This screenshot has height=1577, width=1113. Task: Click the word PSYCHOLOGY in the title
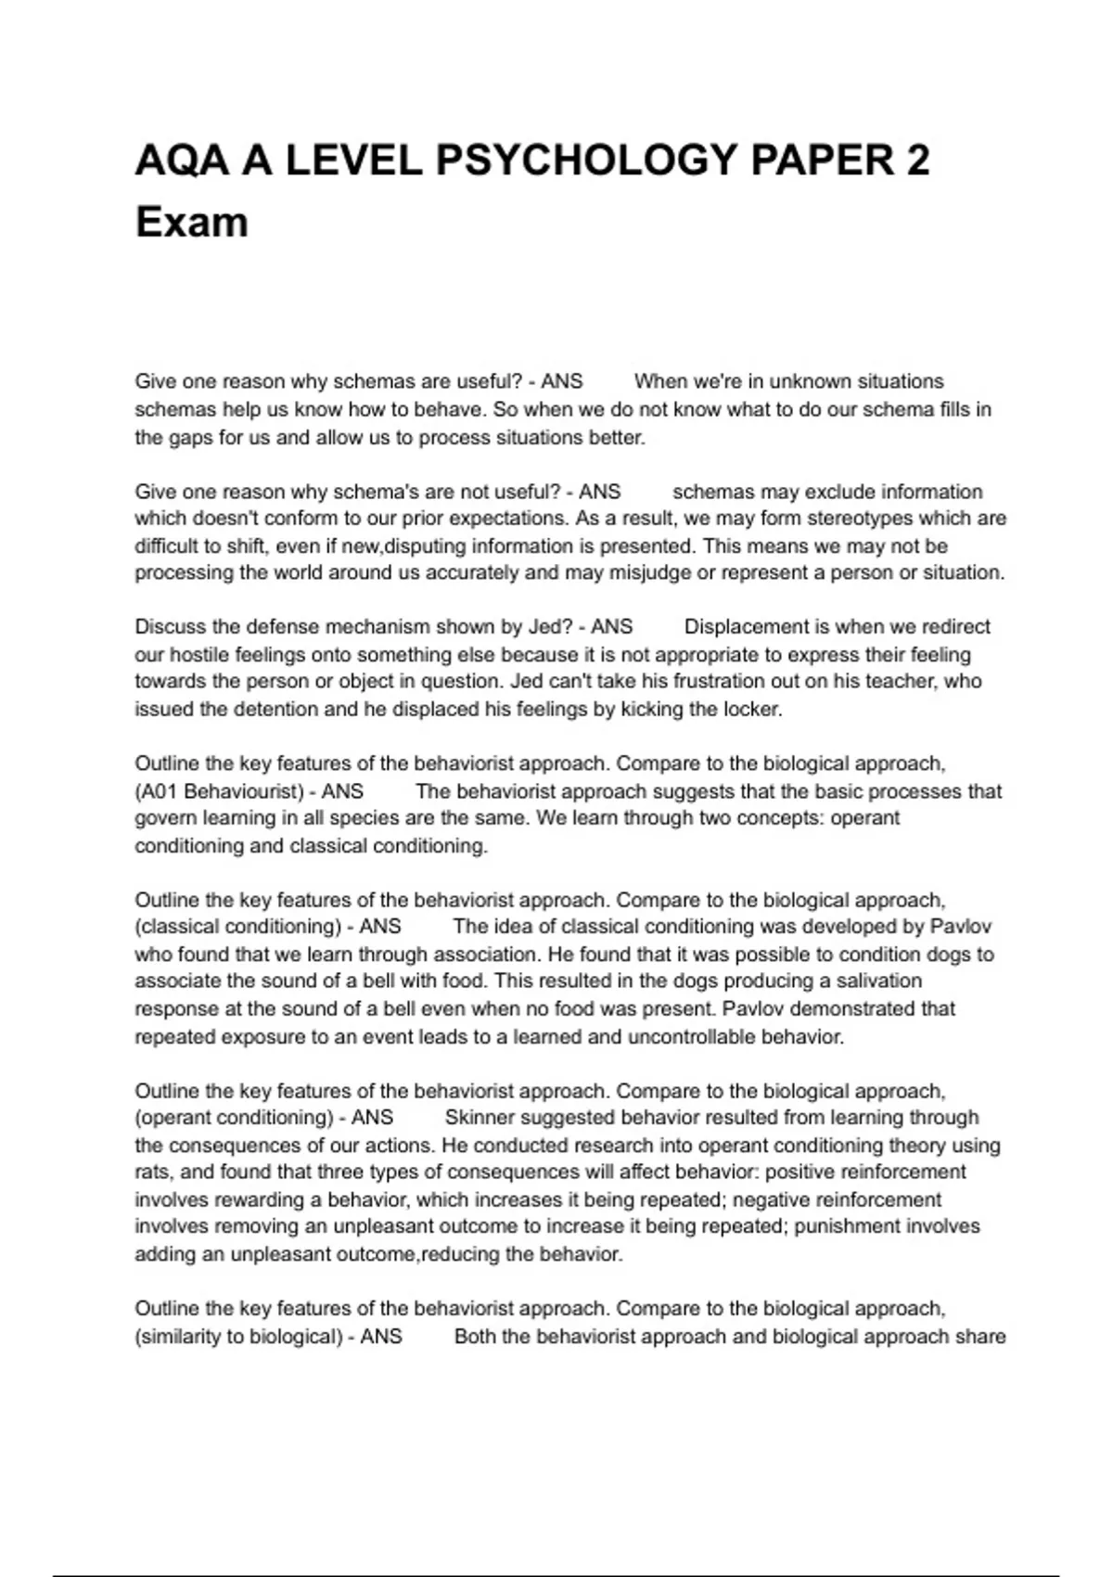click(x=587, y=160)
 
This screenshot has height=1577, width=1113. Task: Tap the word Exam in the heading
click(x=192, y=223)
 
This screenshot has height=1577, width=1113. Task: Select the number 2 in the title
click(x=917, y=160)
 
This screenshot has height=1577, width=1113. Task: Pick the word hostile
click(x=198, y=655)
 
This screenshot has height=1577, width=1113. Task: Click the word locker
click(x=755, y=710)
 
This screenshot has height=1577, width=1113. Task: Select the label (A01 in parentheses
click(x=157, y=791)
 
